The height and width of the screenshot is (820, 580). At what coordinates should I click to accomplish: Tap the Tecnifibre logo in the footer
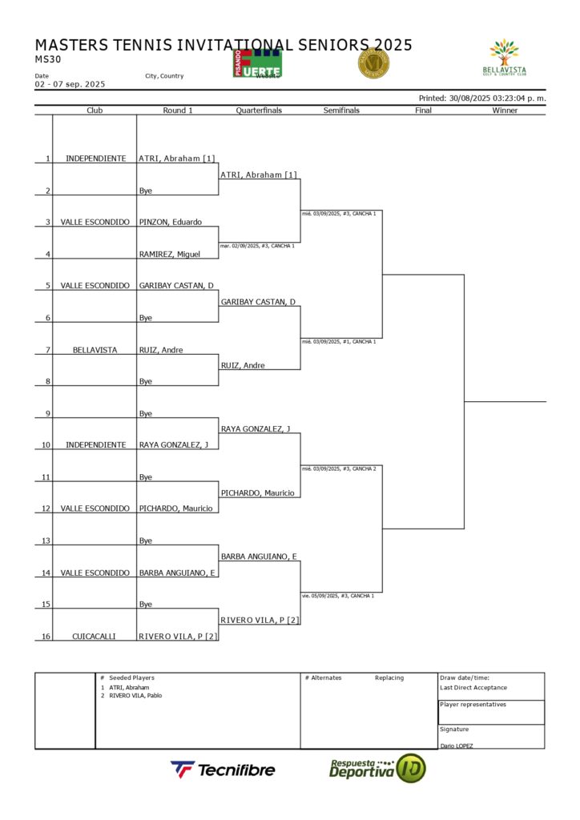click(x=223, y=770)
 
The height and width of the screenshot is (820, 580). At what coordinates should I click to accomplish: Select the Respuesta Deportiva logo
click(x=377, y=769)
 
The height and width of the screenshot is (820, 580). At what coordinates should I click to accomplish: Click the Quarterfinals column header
click(x=259, y=111)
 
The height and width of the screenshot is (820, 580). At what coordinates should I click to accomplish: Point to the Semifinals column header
click(x=341, y=111)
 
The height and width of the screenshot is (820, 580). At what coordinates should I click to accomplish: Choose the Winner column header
click(x=505, y=111)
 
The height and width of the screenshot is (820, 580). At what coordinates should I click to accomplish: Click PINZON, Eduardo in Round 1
click(x=171, y=222)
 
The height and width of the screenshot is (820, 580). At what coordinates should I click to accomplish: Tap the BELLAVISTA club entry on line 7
click(x=95, y=349)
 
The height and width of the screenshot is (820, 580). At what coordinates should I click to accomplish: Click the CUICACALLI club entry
click(x=95, y=636)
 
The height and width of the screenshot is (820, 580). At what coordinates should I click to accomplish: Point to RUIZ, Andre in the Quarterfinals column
click(x=242, y=365)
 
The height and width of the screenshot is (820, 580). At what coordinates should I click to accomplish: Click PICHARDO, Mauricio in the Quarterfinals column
click(x=257, y=492)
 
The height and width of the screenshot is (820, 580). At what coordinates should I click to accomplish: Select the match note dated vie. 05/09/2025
click(x=339, y=596)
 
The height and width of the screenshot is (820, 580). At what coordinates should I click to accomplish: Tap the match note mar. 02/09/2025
click(x=257, y=246)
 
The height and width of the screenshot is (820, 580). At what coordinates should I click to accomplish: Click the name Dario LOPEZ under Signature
click(x=457, y=746)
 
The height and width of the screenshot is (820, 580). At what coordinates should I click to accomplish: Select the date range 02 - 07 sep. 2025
click(x=70, y=84)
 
